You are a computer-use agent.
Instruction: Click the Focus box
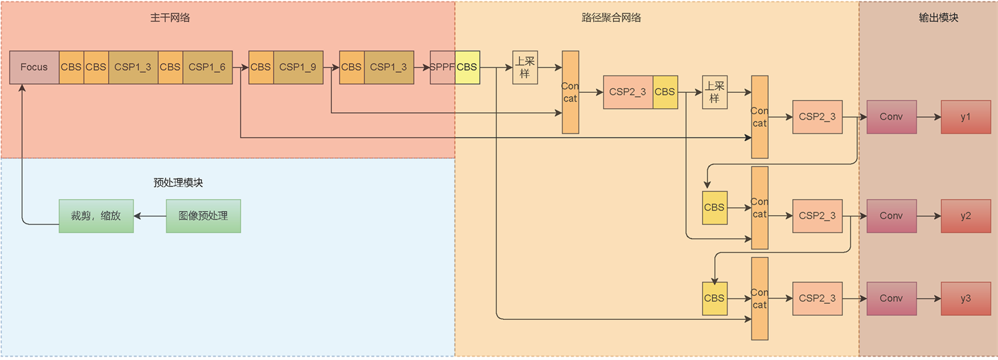34,67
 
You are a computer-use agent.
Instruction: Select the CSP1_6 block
207,67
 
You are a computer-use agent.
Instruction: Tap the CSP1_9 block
298,67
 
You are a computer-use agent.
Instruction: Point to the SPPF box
442,67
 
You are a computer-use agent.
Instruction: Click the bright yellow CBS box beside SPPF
467,67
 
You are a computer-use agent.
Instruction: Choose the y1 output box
965,117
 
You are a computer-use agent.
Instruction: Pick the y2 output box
965,216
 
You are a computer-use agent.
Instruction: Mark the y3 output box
965,299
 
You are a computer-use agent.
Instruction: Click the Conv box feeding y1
891,117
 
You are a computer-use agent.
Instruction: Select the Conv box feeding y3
891,299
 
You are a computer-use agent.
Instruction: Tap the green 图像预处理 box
203,216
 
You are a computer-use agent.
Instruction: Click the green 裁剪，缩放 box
96,216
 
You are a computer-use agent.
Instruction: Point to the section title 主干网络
170,18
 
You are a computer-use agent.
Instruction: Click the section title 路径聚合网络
611,18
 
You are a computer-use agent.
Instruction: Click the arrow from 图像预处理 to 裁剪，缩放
150,216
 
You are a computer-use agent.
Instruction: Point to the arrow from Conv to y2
929,216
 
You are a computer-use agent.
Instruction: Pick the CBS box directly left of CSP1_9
261,67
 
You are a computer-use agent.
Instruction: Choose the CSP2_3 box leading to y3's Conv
817,299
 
